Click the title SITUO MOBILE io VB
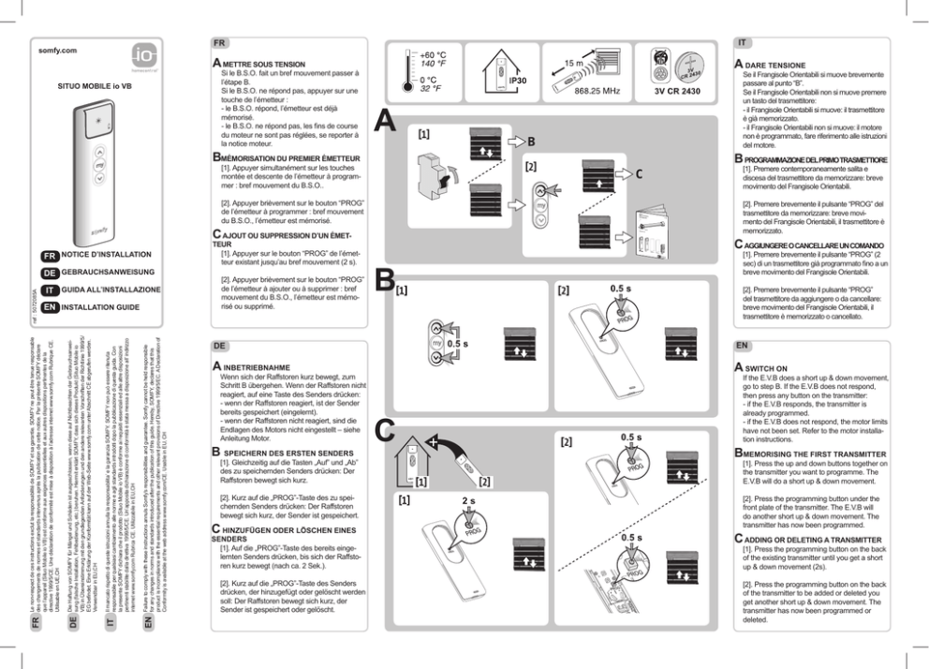tap(96, 83)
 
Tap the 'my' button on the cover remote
tap(99, 163)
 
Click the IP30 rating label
tap(517, 82)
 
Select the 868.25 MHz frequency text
tap(597, 91)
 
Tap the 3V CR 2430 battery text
tap(684, 91)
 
